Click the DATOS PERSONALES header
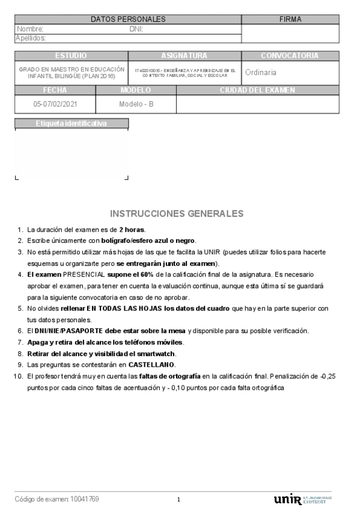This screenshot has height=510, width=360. pos(128,19)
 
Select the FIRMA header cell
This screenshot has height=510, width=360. pos(290,19)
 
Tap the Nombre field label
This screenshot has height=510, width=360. pos(30,29)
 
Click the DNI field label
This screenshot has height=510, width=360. pos(136,29)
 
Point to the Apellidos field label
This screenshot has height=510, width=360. pos(31,38)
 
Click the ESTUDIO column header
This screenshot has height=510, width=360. pos(71,56)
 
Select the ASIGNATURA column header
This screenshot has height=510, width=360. pos(184,56)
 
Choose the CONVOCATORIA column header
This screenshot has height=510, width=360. pos(290,56)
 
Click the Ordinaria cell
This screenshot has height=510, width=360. pos(261,72)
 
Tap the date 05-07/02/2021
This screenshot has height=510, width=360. pos(55,103)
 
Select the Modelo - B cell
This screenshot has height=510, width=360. pos(136,103)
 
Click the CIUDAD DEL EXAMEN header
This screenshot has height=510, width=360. pos(257,90)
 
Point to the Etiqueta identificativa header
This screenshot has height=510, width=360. pos(71,123)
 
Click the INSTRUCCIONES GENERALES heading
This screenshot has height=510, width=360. pos(177,214)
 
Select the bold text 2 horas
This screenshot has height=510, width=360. pos(132,230)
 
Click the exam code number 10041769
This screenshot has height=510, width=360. pos(85,499)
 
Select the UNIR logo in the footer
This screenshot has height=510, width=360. pos(287,500)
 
